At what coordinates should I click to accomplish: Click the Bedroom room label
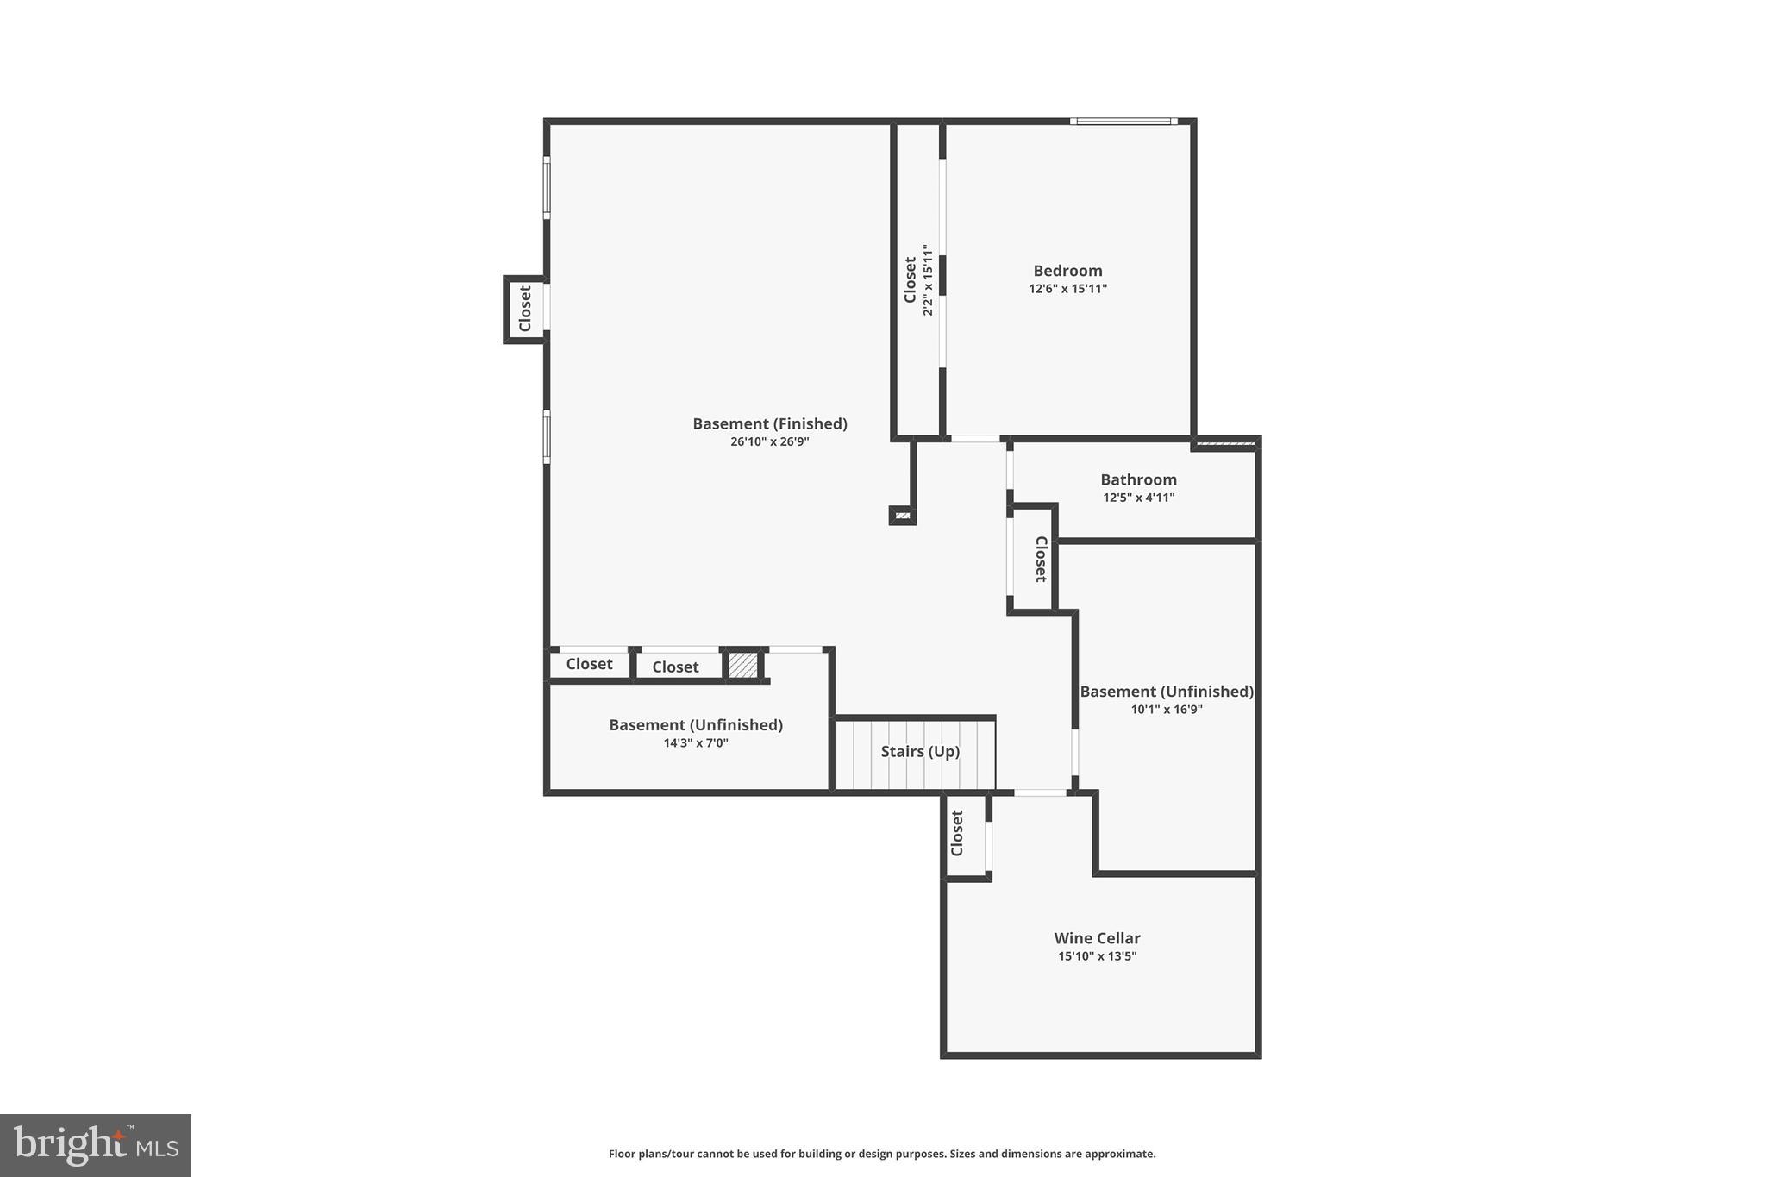click(1067, 271)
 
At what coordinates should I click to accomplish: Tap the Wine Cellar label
click(1097, 938)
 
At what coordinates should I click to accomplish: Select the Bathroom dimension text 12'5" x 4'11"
click(1138, 498)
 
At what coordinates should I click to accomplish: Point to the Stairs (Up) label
click(920, 752)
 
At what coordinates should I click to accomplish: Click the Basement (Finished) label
click(769, 423)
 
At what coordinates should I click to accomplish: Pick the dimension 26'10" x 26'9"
click(769, 442)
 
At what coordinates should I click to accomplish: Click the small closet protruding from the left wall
click(524, 309)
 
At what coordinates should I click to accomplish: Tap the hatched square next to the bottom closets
click(742, 665)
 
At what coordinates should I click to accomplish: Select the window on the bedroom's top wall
click(1123, 122)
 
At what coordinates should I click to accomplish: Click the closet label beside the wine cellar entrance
click(956, 833)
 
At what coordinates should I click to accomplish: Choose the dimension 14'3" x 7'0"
click(695, 743)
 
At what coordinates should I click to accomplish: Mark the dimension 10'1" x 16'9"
click(1167, 710)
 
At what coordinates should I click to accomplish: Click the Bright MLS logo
click(95, 1145)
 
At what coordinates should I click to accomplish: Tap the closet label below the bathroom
click(1041, 559)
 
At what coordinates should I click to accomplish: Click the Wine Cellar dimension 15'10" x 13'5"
click(1097, 956)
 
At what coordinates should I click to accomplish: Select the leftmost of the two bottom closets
click(589, 664)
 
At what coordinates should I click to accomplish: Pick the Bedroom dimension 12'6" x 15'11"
click(1067, 289)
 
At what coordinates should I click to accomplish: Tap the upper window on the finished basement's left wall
click(547, 186)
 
